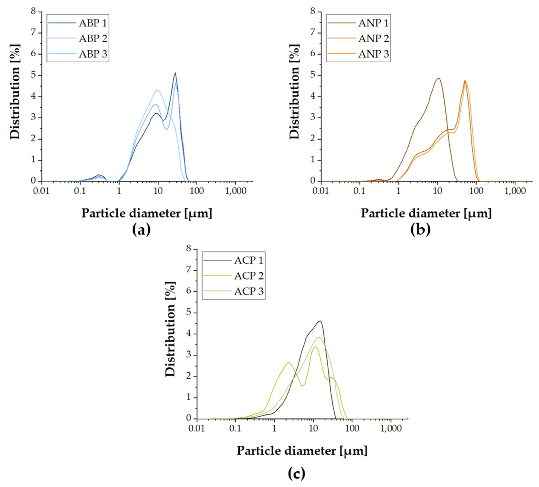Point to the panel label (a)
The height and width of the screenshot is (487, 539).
point(141,230)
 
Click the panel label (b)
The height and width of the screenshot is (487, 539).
point(421,230)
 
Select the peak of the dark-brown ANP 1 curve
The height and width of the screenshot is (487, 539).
point(438,78)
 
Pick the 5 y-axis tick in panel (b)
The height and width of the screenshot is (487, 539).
point(313,75)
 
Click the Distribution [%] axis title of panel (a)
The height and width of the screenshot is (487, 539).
point(15,91)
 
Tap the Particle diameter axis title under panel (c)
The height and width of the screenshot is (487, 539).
point(302,451)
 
